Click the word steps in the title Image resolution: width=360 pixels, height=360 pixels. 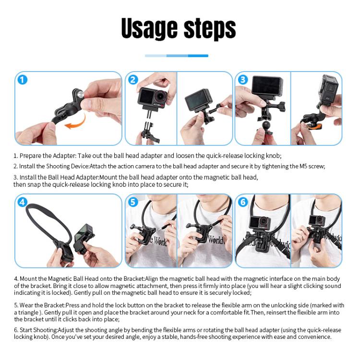(x=207, y=30)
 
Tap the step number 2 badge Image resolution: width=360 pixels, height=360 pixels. (x=133, y=80)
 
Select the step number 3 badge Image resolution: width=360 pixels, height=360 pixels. (x=243, y=80)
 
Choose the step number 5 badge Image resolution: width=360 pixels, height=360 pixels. (x=133, y=202)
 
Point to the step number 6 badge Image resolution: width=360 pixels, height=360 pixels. (x=243, y=202)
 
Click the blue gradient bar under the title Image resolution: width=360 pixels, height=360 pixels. (x=177, y=56)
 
